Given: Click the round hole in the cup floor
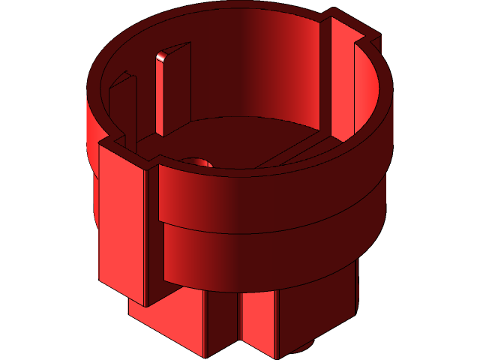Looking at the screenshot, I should click(x=199, y=162).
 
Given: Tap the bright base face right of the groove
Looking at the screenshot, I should click(x=259, y=322).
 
